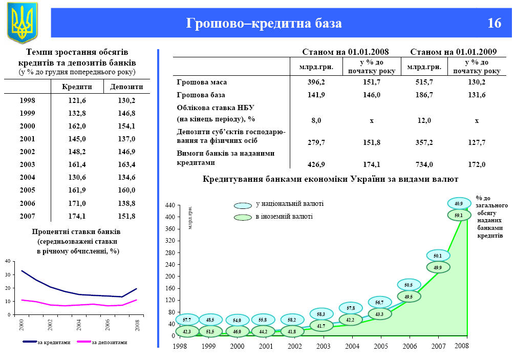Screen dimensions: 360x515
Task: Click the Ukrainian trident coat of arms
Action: (x=22, y=22)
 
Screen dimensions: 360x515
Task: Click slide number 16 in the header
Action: (x=495, y=24)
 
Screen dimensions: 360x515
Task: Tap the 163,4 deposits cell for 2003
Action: (x=126, y=165)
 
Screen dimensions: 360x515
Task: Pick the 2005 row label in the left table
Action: (x=27, y=190)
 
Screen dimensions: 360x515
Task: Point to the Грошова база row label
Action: (x=201, y=95)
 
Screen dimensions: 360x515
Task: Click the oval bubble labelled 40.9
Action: (x=459, y=203)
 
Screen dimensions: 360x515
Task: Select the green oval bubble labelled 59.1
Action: (x=459, y=216)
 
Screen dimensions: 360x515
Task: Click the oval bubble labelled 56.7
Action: (x=379, y=303)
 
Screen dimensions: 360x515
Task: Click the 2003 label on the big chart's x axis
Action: (x=323, y=347)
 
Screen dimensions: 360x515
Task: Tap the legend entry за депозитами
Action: (x=109, y=342)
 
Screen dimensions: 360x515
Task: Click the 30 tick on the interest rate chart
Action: (x=7, y=275)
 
